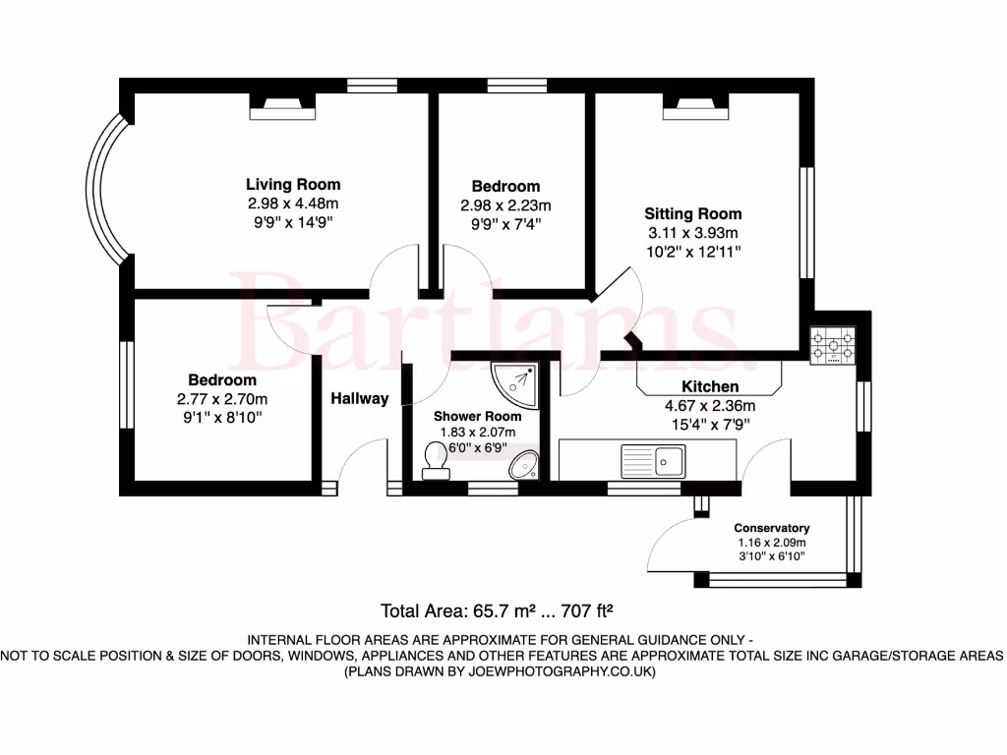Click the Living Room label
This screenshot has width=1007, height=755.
[x=293, y=184]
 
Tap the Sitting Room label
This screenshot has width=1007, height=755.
[x=692, y=213]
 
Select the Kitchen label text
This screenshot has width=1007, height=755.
[x=710, y=386]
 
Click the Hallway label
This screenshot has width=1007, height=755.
[x=359, y=399]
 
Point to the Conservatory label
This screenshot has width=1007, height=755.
[x=772, y=528]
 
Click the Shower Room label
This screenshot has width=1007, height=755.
[x=478, y=416]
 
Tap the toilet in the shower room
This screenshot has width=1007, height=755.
[x=435, y=460]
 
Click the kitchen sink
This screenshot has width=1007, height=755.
[x=652, y=458]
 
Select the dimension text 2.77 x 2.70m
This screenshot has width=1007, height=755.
[x=222, y=399]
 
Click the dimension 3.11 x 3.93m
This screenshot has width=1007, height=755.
[x=692, y=233]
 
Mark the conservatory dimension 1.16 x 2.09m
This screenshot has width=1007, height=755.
[x=772, y=543]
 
